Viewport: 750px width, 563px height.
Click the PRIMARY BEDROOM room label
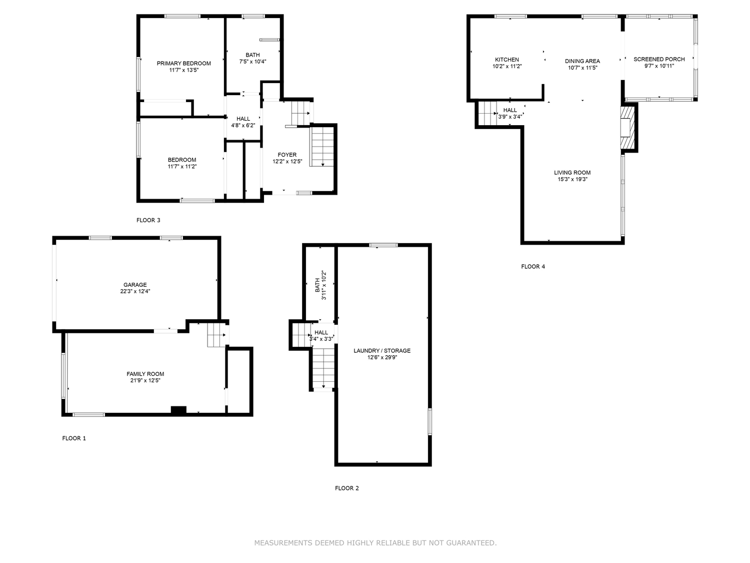tap(183, 63)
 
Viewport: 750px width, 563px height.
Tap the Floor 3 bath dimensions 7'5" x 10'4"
tap(252, 62)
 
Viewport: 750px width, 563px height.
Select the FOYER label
tap(287, 155)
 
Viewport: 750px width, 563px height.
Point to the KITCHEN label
tap(506, 60)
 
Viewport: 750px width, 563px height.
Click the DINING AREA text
tap(582, 61)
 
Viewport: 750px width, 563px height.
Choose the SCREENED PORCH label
tap(659, 59)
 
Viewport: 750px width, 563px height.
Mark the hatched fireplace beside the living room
tap(627, 128)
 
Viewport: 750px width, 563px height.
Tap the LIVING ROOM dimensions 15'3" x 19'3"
tap(572, 179)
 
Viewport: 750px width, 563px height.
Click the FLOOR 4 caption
tap(532, 267)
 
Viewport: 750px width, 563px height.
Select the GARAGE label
tap(135, 285)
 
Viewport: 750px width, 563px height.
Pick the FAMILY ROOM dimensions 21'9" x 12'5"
tap(145, 380)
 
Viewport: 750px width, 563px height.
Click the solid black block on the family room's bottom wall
tap(178, 409)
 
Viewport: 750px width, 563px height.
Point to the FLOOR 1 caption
tap(74, 438)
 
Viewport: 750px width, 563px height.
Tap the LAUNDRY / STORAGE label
tap(382, 351)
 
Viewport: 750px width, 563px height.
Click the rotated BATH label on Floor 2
tap(317, 285)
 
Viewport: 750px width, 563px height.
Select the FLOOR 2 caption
tap(347, 488)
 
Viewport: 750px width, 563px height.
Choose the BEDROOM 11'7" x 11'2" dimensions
tap(182, 167)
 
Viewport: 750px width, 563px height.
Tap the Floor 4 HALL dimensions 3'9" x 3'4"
tap(510, 117)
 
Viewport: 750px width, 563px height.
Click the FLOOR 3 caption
tap(148, 220)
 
